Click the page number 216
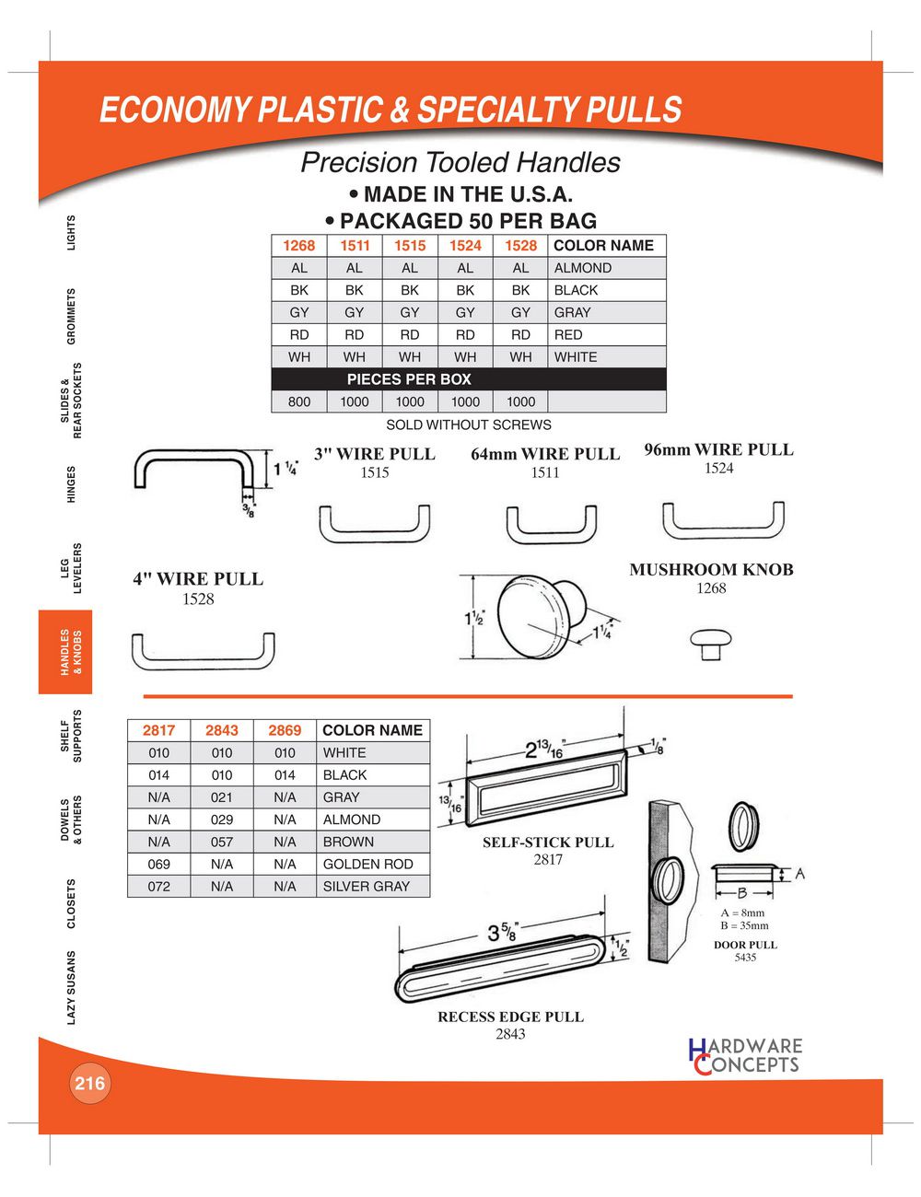[89, 1083]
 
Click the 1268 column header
[298, 246]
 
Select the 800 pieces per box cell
[298, 401]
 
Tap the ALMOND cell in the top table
[582, 268]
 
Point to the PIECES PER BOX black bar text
[408, 379]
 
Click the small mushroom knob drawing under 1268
[710, 643]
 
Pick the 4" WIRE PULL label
[198, 579]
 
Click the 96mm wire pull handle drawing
[723, 521]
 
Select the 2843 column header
[221, 730]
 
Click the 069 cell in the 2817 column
[158, 864]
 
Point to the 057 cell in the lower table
[221, 842]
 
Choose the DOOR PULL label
[745, 945]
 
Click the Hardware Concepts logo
[745, 1056]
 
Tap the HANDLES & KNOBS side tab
[72, 652]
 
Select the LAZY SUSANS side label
[72, 987]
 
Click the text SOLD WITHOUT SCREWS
[468, 424]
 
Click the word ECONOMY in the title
[174, 110]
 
